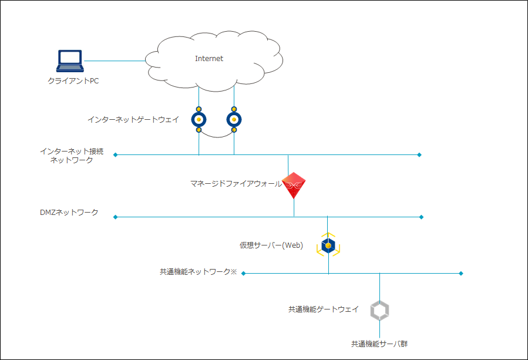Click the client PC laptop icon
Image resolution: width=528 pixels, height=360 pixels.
tap(70, 60)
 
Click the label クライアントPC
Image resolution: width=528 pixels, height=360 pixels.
tap(73, 80)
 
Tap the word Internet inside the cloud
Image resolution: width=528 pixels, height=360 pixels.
tap(209, 59)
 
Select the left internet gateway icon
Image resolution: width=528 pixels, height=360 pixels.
tap(199, 119)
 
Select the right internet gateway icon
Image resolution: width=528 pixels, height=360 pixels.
tap(234, 119)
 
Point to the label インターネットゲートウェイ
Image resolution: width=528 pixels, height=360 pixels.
tap(133, 119)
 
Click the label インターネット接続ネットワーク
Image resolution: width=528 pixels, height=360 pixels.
tap(72, 156)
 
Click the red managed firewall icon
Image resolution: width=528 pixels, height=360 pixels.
tap(294, 186)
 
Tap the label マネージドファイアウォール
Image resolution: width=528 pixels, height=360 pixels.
tap(236, 184)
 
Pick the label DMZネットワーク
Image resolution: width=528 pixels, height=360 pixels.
tap(69, 212)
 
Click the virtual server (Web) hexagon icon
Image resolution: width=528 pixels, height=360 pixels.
tap(328, 245)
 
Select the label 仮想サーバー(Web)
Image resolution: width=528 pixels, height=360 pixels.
tap(271, 245)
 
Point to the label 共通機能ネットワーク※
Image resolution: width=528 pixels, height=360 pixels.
tap(198, 272)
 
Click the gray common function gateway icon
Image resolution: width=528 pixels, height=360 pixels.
tap(379, 311)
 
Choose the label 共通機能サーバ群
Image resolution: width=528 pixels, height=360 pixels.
tap(379, 344)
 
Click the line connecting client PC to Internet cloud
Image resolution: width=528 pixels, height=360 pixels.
tap(115, 60)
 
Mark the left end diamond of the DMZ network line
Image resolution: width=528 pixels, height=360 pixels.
tap(115, 217)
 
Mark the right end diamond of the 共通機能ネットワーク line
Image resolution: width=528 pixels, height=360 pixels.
tap(461, 273)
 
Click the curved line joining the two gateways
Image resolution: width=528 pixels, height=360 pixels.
tap(216, 137)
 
